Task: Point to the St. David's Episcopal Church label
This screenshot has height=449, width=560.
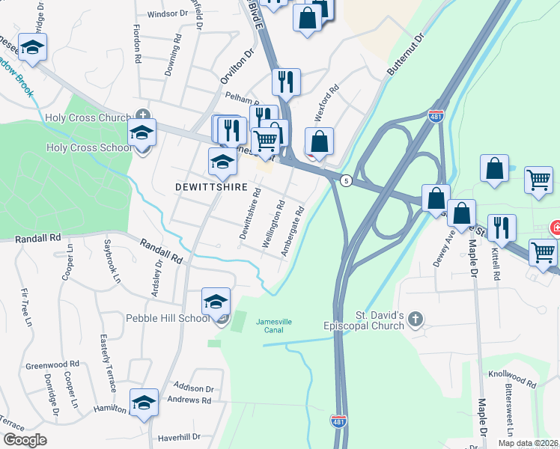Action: coord(368,321)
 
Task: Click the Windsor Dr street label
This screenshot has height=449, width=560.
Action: coord(167,13)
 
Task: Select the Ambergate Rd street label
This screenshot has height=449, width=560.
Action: coord(293,232)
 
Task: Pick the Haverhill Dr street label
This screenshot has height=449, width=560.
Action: coord(179,436)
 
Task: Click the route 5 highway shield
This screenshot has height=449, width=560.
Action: coord(346,180)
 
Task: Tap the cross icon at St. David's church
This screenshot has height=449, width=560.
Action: coord(416,321)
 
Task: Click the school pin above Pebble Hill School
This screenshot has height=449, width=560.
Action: coord(216,302)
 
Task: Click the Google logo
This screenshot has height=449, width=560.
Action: coord(25,440)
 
